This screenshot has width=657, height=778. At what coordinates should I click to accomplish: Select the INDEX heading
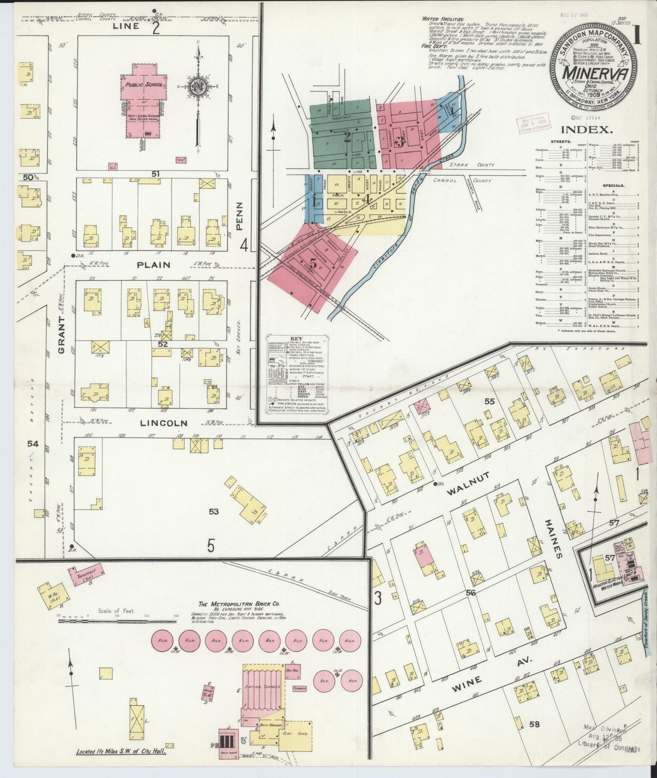click(586, 130)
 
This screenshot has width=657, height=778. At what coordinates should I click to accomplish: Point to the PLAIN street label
click(155, 265)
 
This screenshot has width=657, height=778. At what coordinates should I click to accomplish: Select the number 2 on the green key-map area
click(346, 138)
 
